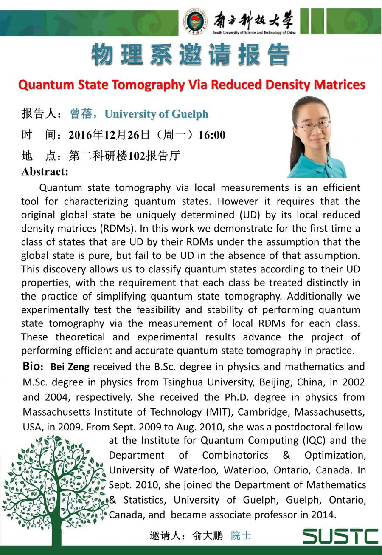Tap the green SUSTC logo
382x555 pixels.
340,536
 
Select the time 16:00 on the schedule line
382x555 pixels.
212,135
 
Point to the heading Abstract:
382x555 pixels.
45,172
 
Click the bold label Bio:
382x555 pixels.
33,366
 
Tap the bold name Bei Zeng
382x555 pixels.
70,367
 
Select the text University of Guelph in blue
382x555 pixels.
156,114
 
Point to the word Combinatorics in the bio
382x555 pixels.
235,455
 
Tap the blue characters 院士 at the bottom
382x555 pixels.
241,535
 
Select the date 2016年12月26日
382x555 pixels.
110,135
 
